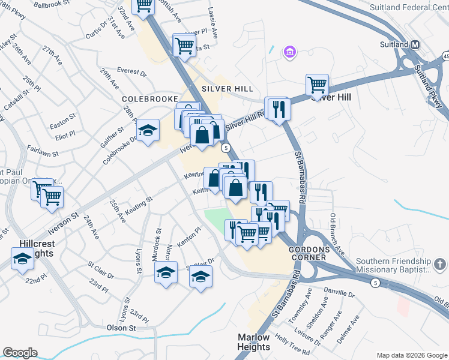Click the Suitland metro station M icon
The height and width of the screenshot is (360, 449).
[415, 45]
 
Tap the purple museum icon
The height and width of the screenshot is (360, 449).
[290, 53]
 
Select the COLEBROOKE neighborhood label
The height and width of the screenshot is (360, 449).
[150, 98]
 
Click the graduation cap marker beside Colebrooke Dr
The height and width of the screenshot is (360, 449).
[148, 130]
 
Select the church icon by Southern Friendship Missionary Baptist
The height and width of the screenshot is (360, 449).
[439, 264]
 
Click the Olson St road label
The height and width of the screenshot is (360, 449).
[121, 328]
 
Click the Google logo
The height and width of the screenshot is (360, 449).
[20, 353]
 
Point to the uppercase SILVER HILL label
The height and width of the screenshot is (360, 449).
[224, 88]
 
